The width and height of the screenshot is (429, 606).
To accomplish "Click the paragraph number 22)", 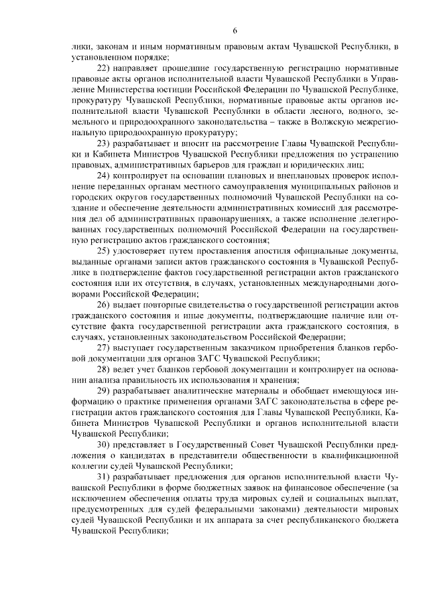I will [105, 68].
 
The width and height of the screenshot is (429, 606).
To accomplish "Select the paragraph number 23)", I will [105, 144].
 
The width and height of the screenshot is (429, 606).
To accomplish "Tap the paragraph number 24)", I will [105, 176].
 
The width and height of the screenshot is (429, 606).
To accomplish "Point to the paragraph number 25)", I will [105, 251].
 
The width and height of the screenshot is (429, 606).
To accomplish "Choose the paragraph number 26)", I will [105, 305].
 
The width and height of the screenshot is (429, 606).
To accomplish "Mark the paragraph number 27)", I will [105, 348].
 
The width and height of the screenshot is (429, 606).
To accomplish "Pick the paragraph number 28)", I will [105, 370].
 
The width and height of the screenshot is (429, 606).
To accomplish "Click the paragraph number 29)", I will [105, 392].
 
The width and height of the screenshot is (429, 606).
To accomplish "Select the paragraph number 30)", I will [105, 445].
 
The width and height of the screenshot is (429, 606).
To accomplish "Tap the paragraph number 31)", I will [105, 477].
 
